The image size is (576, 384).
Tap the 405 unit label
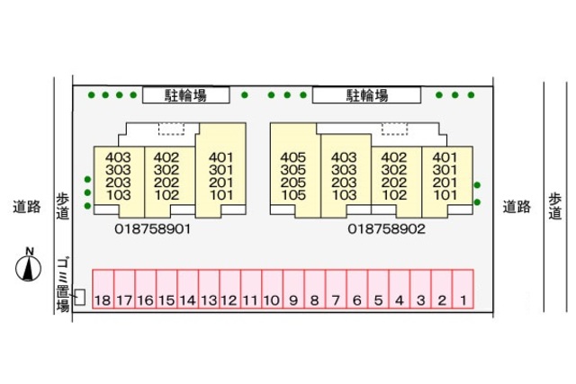click(x=293, y=156)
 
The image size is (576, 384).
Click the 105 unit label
click(x=293, y=194)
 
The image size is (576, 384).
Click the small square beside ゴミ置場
click(x=79, y=296)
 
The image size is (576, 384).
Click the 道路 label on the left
click(x=27, y=207)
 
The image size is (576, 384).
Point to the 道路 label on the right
click(x=516, y=207)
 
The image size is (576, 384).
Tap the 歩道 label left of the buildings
click(x=62, y=206)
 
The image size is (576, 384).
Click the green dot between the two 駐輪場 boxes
click(x=244, y=94)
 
